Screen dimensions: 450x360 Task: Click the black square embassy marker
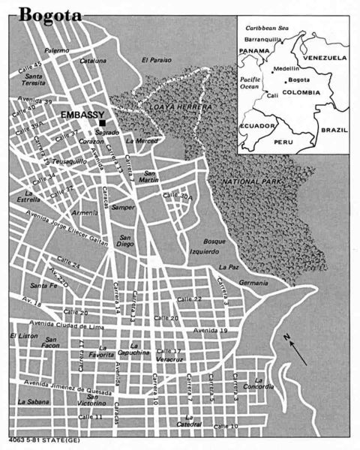tap(102, 122)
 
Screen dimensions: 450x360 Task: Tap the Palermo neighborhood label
tap(58, 50)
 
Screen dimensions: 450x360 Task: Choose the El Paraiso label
tap(156, 60)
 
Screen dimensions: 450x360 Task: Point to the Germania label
tap(253, 283)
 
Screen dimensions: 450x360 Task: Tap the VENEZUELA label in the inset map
tap(323, 57)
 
